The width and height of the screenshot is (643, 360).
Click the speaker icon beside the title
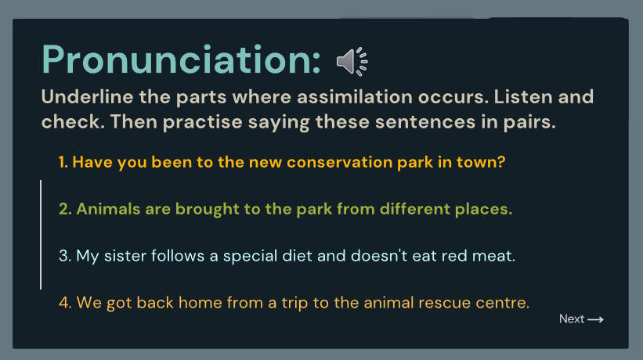click(x=352, y=61)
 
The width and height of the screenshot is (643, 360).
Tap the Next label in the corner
click(x=572, y=319)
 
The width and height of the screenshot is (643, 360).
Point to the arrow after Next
click(x=595, y=319)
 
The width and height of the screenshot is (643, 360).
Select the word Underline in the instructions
click(x=88, y=97)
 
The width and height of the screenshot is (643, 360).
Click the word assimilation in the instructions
click(x=354, y=97)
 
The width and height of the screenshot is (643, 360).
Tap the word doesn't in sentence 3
click(x=379, y=256)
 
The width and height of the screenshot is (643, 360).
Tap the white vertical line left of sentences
click(x=41, y=235)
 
